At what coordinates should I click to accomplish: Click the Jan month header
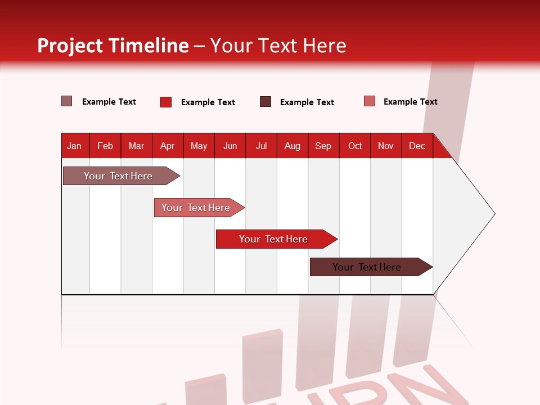tap(75, 146)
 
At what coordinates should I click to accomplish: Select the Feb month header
tap(105, 146)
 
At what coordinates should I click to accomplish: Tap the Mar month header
tap(136, 146)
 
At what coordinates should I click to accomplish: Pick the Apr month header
tap(168, 146)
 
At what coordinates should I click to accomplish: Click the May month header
tap(199, 146)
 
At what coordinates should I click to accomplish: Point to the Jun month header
tap(230, 146)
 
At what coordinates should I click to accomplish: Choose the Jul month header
tap(261, 146)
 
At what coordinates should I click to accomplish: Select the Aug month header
tap(292, 146)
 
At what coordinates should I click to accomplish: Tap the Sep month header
tap(323, 146)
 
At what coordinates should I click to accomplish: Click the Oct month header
tap(355, 146)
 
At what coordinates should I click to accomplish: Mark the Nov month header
tap(386, 146)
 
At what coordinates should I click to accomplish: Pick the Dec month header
tap(417, 146)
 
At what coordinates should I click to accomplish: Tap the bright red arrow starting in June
tap(274, 239)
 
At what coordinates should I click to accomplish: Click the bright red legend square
tap(166, 102)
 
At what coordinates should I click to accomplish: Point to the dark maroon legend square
tap(265, 102)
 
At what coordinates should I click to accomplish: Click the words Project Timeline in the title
tap(113, 46)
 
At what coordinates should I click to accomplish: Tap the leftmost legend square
tap(67, 101)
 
